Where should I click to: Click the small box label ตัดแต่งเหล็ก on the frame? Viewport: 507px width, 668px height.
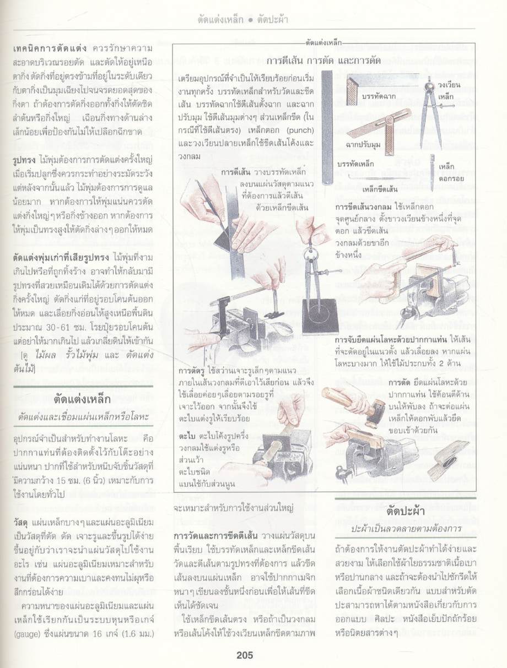coord(323,42)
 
